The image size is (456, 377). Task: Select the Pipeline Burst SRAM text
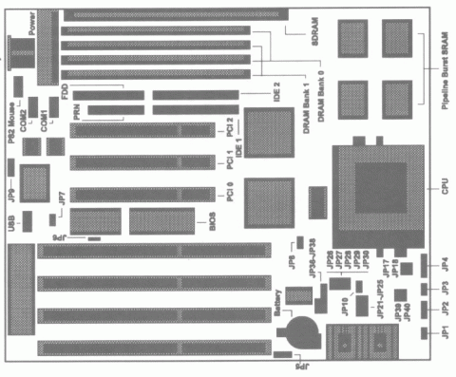444,72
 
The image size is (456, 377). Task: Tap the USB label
9,222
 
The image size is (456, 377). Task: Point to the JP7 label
61,199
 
